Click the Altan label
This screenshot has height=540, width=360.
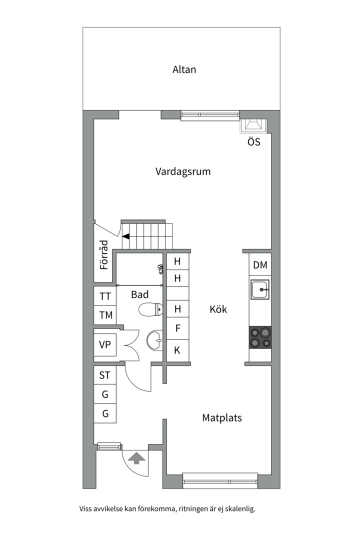184,69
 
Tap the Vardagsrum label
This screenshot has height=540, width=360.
182,171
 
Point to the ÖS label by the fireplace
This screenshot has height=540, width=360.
253,142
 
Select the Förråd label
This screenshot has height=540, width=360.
104,255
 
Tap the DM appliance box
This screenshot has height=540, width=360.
260,265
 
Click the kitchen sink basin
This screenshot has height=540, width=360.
260,289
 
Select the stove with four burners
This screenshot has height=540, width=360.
260,337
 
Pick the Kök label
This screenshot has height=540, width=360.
218,309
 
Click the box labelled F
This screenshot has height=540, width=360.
177,328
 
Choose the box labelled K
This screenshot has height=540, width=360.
177,350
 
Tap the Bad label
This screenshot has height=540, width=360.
139,294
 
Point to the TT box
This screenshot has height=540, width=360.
105,296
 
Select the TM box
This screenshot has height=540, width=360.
105,315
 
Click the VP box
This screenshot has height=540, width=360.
105,345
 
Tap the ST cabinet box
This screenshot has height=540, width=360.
105,375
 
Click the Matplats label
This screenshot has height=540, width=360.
221,417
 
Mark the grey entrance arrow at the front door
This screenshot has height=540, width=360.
136,456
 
